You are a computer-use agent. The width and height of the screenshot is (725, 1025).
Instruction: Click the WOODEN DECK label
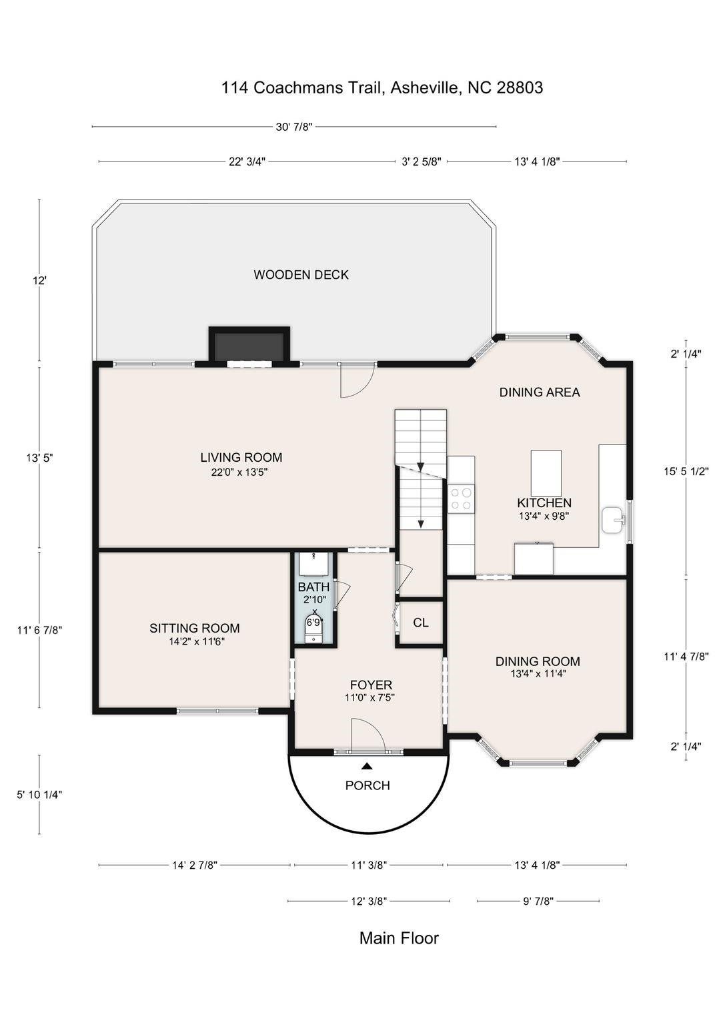click(301, 274)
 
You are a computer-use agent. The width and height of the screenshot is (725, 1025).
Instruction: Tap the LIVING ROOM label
click(241, 457)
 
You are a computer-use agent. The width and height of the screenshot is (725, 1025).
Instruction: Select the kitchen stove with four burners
click(461, 498)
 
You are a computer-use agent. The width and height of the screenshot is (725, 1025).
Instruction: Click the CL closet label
click(421, 623)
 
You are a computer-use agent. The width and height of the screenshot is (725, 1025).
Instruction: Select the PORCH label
click(368, 785)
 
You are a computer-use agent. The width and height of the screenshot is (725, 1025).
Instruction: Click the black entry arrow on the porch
click(367, 765)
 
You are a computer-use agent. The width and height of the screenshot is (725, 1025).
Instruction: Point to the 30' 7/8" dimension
click(293, 127)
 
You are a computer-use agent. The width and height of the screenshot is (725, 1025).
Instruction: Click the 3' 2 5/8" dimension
click(422, 161)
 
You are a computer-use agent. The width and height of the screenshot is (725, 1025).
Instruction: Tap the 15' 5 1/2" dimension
click(686, 471)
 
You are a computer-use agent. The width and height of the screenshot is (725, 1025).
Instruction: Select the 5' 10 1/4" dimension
click(39, 795)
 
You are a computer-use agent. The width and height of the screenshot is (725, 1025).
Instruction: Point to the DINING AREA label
click(540, 392)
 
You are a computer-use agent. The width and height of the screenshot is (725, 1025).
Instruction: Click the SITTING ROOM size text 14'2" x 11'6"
click(197, 641)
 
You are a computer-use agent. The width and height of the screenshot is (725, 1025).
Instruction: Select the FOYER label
click(371, 685)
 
